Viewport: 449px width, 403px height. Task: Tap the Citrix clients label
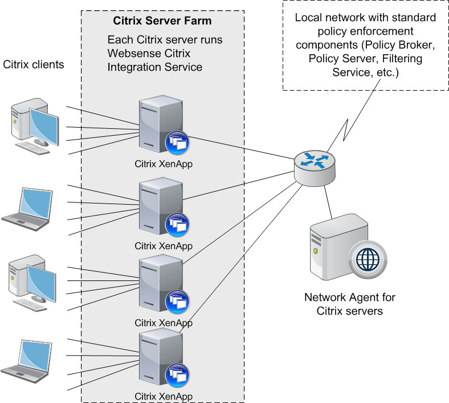pos(34,64)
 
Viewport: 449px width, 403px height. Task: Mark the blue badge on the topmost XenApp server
pos(176,143)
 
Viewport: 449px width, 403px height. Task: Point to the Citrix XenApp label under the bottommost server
pos(163,396)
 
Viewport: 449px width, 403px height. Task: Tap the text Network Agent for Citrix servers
pos(350,304)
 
